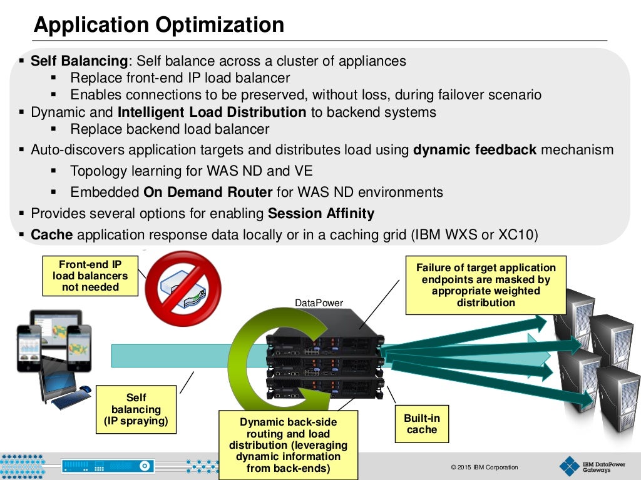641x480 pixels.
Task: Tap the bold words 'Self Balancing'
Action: [x=79, y=61]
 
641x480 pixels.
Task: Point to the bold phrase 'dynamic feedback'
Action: [x=474, y=150]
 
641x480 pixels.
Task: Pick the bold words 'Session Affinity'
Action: [x=320, y=214]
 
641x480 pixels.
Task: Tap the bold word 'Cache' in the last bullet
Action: [x=52, y=235]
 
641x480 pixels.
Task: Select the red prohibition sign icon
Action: [x=183, y=288]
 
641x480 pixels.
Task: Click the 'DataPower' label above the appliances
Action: [x=319, y=303]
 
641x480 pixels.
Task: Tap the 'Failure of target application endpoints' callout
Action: [x=486, y=285]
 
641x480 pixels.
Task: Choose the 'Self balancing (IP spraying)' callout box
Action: [x=136, y=409]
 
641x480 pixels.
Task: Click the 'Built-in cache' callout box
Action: [x=422, y=424]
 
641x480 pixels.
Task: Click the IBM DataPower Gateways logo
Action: [x=585, y=466]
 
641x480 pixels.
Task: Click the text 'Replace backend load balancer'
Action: [x=170, y=129]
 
